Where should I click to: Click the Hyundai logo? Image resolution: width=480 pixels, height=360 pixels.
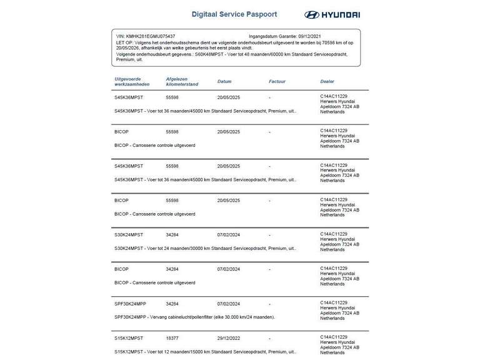pyautogui.click(x=332, y=14)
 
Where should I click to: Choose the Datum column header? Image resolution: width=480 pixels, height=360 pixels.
pyautogui.click(x=224, y=81)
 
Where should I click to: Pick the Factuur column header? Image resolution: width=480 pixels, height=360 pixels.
pyautogui.click(x=277, y=81)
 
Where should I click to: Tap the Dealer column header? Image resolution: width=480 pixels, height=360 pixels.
pyautogui.click(x=327, y=81)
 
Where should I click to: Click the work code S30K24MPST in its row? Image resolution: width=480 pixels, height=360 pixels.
pyautogui.click(x=129, y=235)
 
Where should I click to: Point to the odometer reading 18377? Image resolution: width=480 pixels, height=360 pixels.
pyautogui.click(x=172, y=338)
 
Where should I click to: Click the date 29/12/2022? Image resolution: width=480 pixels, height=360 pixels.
pyautogui.click(x=229, y=338)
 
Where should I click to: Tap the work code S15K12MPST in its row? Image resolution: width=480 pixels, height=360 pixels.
pyautogui.click(x=129, y=338)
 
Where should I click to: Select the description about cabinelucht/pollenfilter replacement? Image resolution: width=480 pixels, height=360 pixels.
pyautogui.click(x=194, y=317)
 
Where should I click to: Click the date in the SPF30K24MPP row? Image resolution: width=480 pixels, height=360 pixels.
pyautogui.click(x=229, y=304)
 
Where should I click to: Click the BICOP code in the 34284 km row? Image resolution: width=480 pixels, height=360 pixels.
pyautogui.click(x=121, y=269)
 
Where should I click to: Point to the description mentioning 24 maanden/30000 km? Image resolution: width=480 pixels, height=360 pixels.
pyautogui.click(x=205, y=248)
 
